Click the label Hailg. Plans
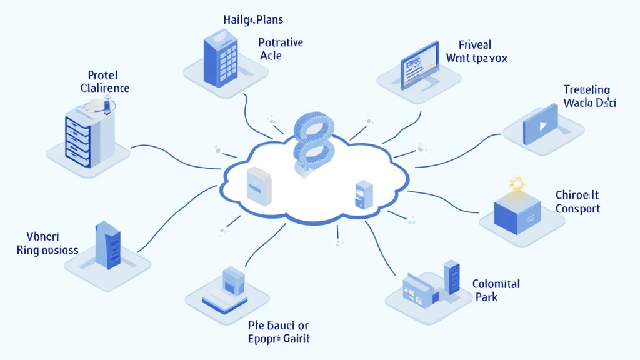pos(253,20)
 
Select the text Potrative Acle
pos(280,49)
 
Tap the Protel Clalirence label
pos(104,82)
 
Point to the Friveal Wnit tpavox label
pos(477,52)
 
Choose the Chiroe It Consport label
pos(577,202)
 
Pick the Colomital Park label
pos(496,290)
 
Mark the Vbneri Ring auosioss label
pos(47,244)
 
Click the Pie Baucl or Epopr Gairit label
pos(279,332)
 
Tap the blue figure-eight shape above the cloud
pos(314,141)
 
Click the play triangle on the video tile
pos(538,125)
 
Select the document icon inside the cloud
pos(259,185)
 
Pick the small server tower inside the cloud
pos(363,194)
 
